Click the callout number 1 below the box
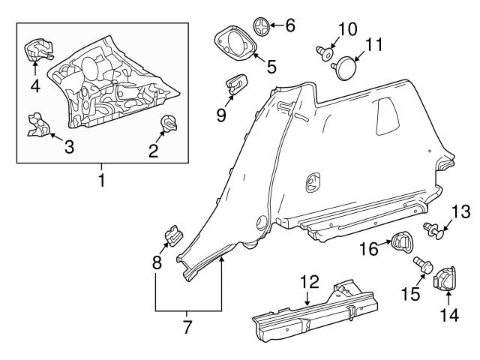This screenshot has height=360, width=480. point(103,180)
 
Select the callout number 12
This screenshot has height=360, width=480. point(310,283)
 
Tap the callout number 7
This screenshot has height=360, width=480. point(188,327)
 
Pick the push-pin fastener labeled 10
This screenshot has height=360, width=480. point(324,53)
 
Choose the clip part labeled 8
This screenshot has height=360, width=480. point(172,236)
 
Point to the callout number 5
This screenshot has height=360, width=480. point(271,67)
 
